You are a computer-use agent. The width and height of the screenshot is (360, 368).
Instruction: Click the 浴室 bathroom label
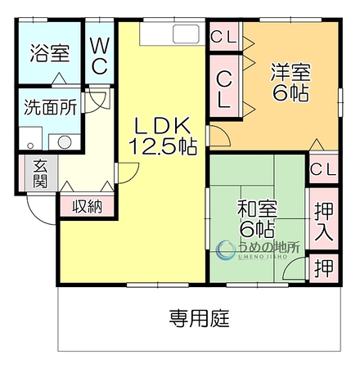tap(50, 53)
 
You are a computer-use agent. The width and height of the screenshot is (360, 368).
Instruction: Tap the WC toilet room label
tap(100, 56)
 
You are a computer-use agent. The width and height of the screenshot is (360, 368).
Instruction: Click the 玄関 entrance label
tap(40, 173)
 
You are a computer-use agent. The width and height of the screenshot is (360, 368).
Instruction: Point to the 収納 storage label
tap(88, 206)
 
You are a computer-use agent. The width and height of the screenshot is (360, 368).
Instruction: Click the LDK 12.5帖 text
tap(163, 136)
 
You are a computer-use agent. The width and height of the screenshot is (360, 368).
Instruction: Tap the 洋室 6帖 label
tap(290, 82)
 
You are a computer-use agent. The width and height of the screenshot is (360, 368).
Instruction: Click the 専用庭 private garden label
tap(200, 318)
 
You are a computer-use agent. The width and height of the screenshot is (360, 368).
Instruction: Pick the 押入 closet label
tap(324, 222)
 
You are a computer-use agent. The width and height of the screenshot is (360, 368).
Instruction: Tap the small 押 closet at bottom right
tap(324, 267)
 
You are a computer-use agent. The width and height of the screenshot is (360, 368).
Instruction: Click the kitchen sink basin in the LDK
tap(187, 34)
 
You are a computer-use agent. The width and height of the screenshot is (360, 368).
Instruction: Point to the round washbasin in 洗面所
tap(65, 142)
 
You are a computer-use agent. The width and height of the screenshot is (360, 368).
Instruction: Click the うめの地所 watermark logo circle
tap(226, 249)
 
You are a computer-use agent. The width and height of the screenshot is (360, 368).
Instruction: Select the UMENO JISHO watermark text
tap(263, 257)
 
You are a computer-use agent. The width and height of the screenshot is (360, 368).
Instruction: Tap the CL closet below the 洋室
tap(324, 169)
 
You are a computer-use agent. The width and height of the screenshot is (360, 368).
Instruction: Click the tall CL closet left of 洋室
tap(225, 87)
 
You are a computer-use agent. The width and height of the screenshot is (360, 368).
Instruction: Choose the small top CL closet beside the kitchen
tap(224, 37)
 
